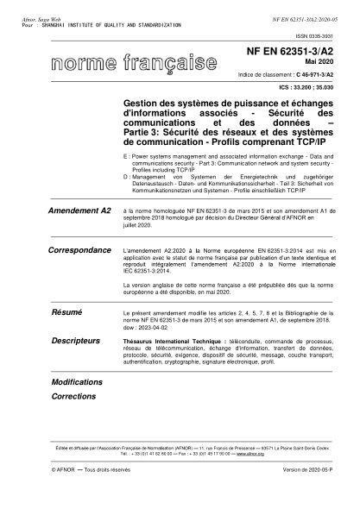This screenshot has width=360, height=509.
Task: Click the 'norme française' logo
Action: [x=133, y=63]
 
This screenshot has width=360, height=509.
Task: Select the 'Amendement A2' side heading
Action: [x=81, y=211]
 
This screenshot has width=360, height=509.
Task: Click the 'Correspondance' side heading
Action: [x=82, y=249]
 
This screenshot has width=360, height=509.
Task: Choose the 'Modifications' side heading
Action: [x=77, y=381]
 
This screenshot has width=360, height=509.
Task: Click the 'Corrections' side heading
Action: [x=74, y=396]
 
